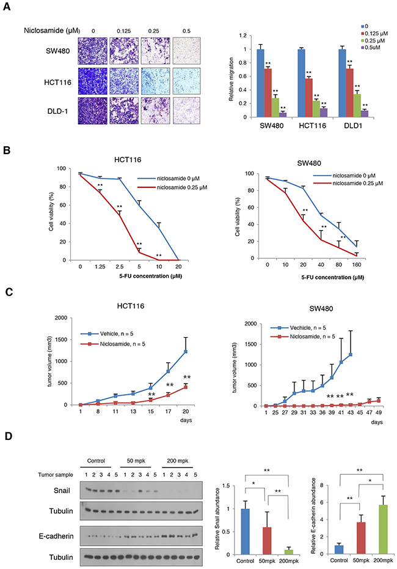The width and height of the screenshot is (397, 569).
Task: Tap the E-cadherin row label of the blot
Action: [48, 524]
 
